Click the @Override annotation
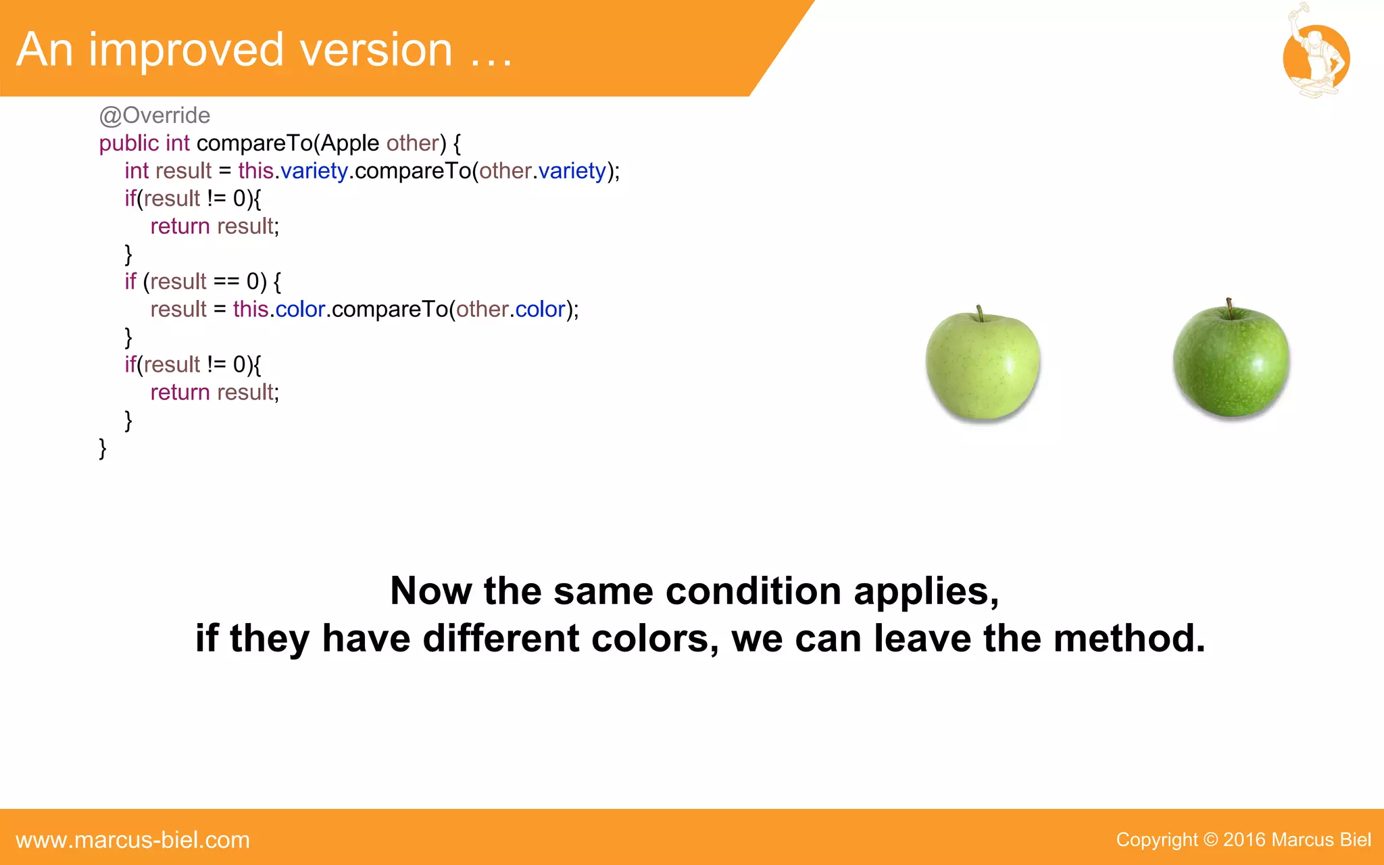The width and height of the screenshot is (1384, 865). [155, 116]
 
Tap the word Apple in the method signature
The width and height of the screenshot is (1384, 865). [350, 143]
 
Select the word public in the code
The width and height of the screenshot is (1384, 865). [129, 143]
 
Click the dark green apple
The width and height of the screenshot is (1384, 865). [1231, 362]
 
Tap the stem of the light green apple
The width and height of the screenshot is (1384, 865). [979, 313]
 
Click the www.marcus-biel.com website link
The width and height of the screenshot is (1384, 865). [132, 840]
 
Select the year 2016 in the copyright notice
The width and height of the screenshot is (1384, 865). [1244, 840]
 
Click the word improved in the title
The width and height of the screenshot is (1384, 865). [186, 50]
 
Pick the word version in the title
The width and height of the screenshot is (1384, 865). [376, 50]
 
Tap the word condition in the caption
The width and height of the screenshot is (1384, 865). [753, 591]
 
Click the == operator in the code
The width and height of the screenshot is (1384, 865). [226, 281]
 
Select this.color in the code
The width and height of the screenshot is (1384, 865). [279, 310]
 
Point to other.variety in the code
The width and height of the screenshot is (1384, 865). [543, 171]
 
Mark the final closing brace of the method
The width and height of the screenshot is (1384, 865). [103, 448]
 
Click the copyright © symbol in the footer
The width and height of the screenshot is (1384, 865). [1210, 840]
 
